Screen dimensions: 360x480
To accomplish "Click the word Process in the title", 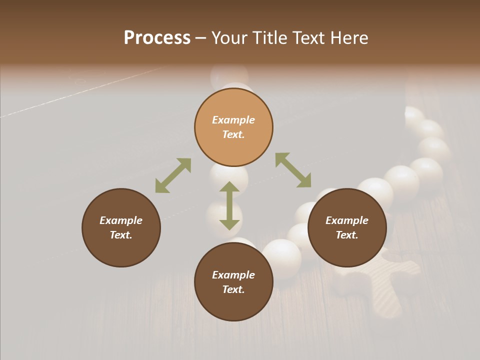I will [157, 38].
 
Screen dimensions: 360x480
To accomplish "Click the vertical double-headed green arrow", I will [229, 206].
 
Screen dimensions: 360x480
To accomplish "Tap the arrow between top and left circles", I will [173, 175].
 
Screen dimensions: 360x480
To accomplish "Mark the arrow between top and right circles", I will [293, 170].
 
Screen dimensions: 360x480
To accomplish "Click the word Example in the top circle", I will [233, 120].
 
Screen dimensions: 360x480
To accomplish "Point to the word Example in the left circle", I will [121, 220].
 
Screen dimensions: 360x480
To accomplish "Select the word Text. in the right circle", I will [346, 235].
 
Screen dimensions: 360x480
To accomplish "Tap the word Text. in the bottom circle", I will [233, 289].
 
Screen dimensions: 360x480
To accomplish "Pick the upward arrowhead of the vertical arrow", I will [229, 187].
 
